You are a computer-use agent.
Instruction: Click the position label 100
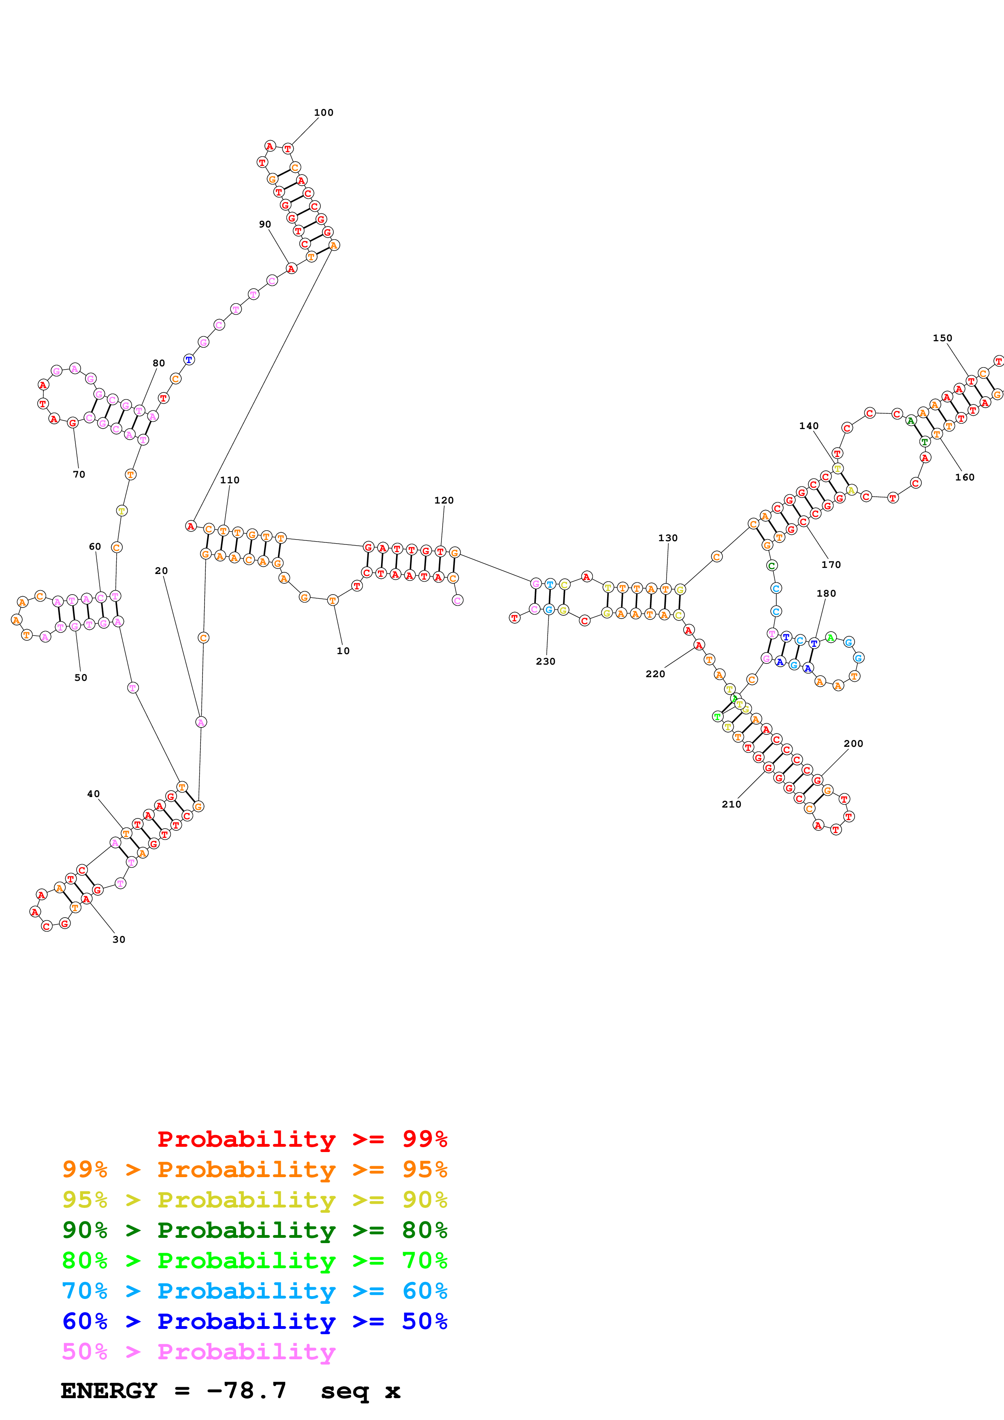324,113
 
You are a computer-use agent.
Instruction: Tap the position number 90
265,225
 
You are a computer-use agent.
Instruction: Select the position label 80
159,363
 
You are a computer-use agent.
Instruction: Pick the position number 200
853,744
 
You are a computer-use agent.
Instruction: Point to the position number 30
119,940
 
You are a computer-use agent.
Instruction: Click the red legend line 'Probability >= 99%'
302,1139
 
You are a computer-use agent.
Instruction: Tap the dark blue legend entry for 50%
254,1321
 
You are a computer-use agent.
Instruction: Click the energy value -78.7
246,1390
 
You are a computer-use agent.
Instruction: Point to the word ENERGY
109,1390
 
